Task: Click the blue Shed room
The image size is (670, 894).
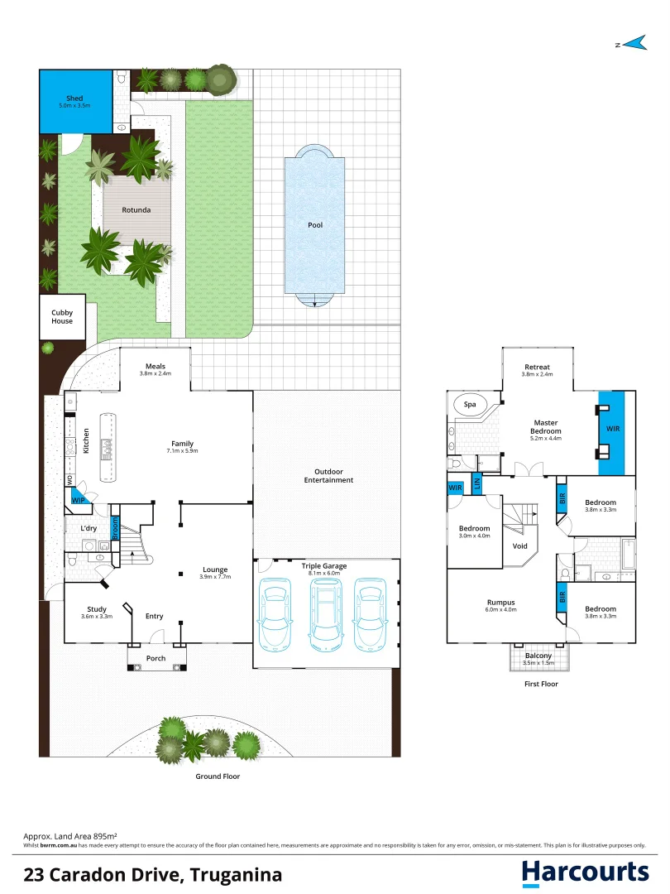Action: click(x=76, y=101)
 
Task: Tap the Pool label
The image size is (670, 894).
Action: click(x=314, y=224)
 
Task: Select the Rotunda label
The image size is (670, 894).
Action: click(x=136, y=210)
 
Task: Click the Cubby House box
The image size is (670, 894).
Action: click(x=62, y=316)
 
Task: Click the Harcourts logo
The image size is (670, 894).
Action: click(x=585, y=872)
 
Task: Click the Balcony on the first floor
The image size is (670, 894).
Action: click(x=538, y=656)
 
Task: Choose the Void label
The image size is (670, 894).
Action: click(x=520, y=546)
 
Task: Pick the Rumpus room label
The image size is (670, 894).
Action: click(x=500, y=603)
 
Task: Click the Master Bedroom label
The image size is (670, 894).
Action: click(x=546, y=426)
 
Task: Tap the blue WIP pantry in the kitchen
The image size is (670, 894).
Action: click(x=79, y=501)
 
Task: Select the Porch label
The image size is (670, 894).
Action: click(x=156, y=658)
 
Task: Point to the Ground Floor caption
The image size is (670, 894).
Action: click(x=218, y=776)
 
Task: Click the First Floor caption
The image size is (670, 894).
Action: click(x=542, y=684)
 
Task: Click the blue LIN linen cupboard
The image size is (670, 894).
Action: click(x=476, y=483)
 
